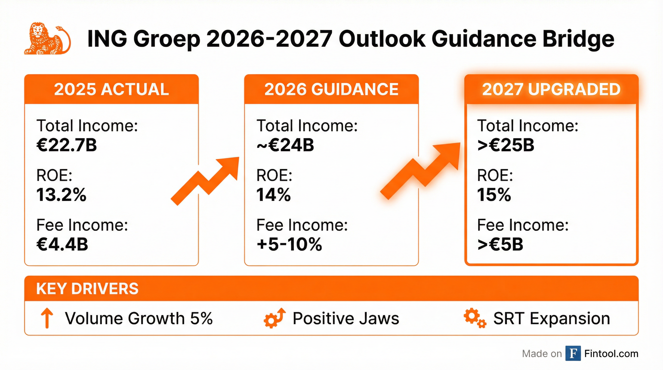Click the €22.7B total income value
point(67,145)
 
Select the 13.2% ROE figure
point(61,195)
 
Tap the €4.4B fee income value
point(62,244)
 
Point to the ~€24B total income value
point(285,145)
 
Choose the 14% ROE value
point(274,195)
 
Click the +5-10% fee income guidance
point(289,244)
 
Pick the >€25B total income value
point(506,145)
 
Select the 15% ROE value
point(494,195)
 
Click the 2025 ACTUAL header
point(112,89)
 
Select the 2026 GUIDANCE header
point(331,89)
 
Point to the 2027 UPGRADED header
point(551,89)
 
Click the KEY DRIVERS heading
point(87,288)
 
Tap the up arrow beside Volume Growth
point(47,318)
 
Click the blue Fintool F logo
point(573,354)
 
